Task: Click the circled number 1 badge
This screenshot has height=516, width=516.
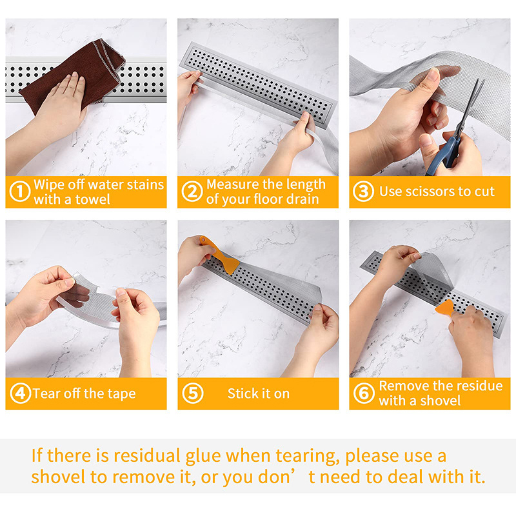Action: pyautogui.click(x=20, y=192)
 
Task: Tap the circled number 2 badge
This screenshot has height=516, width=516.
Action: pyautogui.click(x=192, y=192)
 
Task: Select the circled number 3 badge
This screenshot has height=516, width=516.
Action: pyautogui.click(x=363, y=191)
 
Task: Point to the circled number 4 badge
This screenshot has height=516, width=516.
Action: pyautogui.click(x=21, y=393)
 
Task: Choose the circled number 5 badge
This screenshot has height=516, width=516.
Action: pyautogui.click(x=192, y=393)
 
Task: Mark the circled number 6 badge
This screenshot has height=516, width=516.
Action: pyautogui.click(x=364, y=393)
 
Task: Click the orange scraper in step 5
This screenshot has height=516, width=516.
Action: pyautogui.click(x=219, y=254)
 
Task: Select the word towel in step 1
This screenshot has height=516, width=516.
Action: pyautogui.click(x=93, y=199)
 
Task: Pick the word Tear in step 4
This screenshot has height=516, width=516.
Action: pyautogui.click(x=46, y=393)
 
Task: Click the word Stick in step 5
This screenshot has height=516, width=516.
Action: pyautogui.click(x=243, y=393)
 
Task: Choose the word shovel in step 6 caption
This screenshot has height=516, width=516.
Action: pyautogui.click(x=441, y=401)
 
